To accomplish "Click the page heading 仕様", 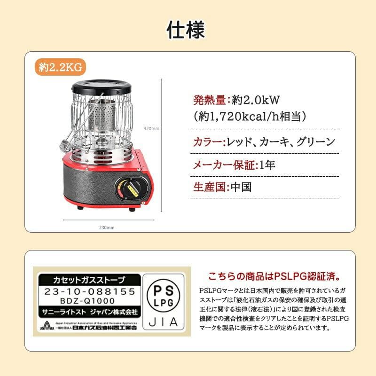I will coord(188,30).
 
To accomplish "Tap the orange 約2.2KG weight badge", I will coord(60,67).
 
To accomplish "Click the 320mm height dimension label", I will coord(152,128).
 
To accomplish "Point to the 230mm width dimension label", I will coord(107,227).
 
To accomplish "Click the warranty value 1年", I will coord(267,164).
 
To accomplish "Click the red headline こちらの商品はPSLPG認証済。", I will coord(274,275).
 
